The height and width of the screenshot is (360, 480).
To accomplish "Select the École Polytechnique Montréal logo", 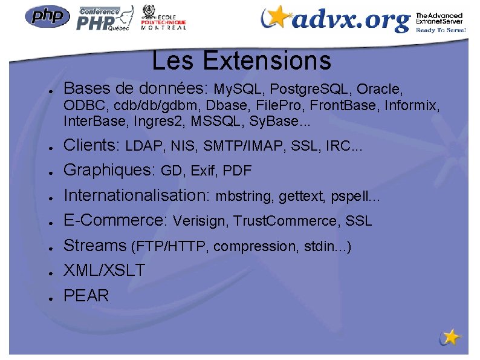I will (x=163, y=18).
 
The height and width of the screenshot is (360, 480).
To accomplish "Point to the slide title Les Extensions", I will (x=241, y=61).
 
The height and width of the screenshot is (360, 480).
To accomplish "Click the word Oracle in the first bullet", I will (x=379, y=90).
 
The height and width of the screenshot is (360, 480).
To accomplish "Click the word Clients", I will (x=92, y=145).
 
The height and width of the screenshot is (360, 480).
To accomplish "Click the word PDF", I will (x=237, y=172).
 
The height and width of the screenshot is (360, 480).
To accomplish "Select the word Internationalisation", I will (x=136, y=195).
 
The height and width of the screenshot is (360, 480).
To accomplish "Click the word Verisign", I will (x=199, y=221).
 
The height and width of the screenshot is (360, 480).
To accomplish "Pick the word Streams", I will (x=95, y=246).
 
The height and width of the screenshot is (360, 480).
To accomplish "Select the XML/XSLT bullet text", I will (x=105, y=270).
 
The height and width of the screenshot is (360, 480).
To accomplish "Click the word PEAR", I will (x=86, y=296).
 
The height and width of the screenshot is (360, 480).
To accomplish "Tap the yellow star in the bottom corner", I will (x=450, y=336).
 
